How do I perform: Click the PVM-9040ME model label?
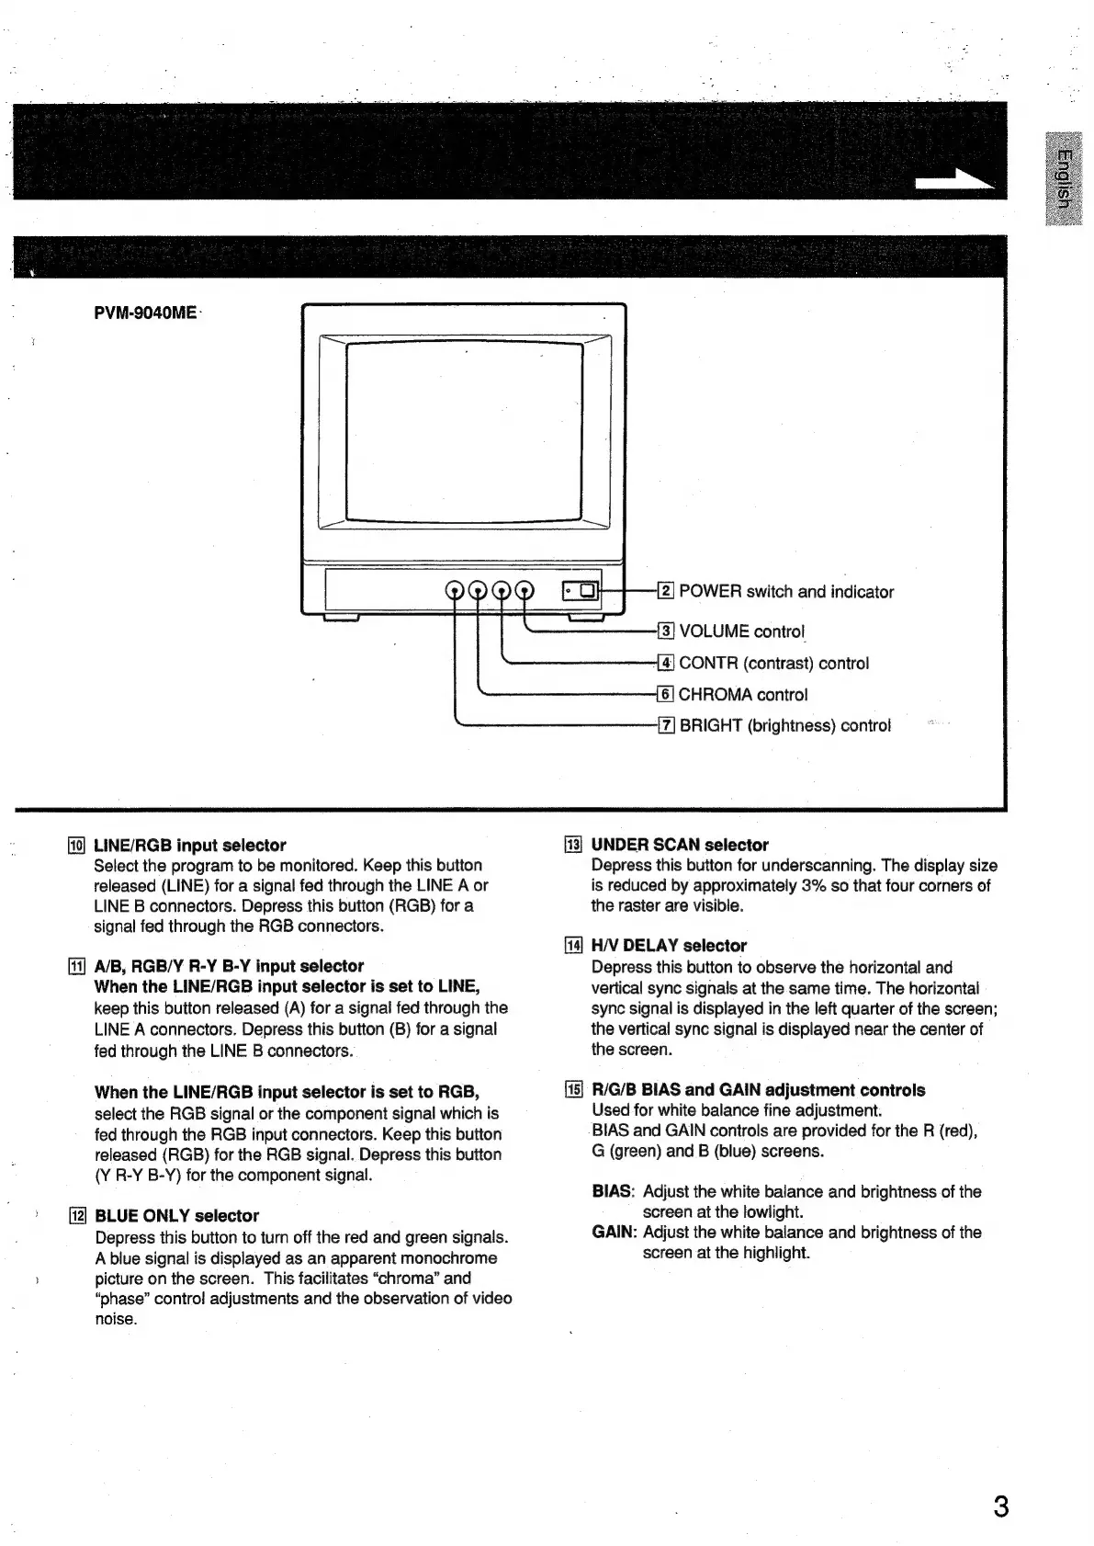pos(145,313)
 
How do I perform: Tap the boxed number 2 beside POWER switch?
pos(667,591)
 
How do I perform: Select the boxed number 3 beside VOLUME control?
pos(667,631)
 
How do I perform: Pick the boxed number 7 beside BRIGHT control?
pos(667,726)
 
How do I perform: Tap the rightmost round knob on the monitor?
pos(525,591)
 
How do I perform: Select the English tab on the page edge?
pos(1063,179)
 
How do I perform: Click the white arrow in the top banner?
pos(955,181)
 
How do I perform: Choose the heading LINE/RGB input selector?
pos(190,845)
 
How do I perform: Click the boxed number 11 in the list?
pos(77,966)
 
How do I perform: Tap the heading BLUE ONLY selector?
pos(177,1215)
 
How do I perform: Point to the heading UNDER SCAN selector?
pos(680,845)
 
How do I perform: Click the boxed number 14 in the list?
pos(574,946)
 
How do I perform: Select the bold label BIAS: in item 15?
pos(613,1191)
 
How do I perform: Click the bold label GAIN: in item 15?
pos(615,1232)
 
